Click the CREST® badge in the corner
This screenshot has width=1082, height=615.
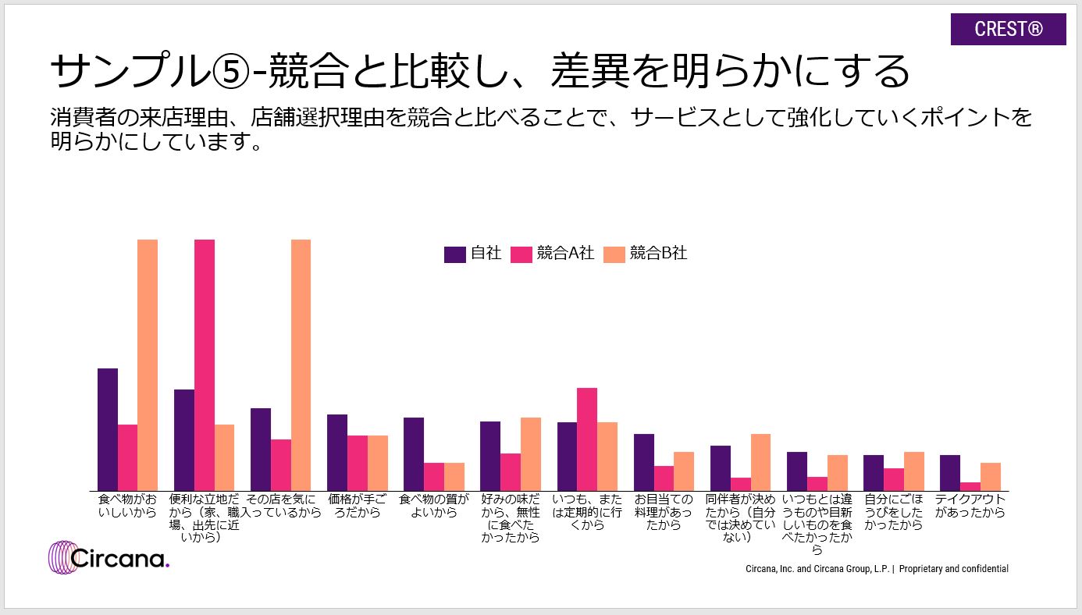point(1008,30)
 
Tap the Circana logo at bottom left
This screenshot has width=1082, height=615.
point(109,557)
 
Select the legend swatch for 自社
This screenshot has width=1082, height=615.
point(454,254)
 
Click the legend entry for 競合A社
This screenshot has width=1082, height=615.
point(553,254)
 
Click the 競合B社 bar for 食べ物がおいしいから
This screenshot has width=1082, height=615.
point(148,365)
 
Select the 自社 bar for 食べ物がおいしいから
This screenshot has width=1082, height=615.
point(108,429)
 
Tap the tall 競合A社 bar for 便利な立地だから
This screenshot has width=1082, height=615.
point(205,365)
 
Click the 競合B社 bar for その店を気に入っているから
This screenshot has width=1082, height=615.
point(301,365)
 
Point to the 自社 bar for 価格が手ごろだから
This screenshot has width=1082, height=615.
point(337,453)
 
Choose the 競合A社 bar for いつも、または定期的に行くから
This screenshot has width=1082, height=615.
point(587,439)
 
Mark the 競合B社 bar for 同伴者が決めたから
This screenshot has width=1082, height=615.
point(760,462)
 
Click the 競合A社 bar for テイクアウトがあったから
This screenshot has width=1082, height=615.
point(970,486)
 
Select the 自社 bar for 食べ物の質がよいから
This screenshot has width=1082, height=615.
point(414,454)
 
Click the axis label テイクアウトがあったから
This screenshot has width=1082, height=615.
point(970,506)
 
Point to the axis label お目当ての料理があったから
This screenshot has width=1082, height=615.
point(663,512)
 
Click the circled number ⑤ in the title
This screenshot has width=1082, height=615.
point(232,72)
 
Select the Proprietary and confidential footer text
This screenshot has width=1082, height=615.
point(953,569)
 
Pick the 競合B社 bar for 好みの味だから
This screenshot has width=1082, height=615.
point(531,454)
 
